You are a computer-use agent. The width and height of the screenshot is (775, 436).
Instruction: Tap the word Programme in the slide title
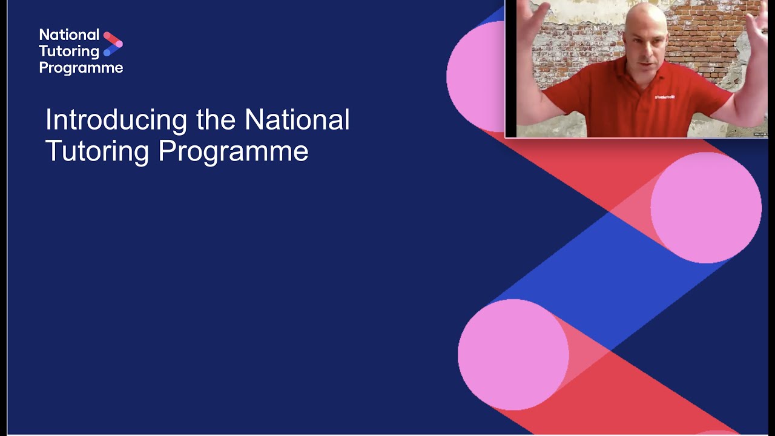tap(233, 151)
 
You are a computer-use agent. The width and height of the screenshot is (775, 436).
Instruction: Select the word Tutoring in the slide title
tap(97, 151)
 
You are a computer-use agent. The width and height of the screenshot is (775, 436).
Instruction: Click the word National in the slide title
tap(297, 120)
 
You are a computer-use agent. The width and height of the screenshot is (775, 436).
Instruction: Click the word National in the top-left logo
tap(69, 35)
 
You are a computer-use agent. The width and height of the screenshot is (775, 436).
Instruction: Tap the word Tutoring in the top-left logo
tap(69, 51)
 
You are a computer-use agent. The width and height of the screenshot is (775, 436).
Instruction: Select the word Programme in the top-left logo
tap(81, 68)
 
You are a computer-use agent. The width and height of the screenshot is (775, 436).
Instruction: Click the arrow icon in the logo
tap(113, 44)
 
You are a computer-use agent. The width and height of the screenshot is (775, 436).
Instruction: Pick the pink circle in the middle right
tap(706, 208)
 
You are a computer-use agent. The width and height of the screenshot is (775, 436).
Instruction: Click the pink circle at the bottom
tap(513, 354)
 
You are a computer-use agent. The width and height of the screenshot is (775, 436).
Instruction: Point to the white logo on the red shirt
tap(664, 96)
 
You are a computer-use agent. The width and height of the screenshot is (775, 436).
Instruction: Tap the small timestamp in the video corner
tap(760, 134)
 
